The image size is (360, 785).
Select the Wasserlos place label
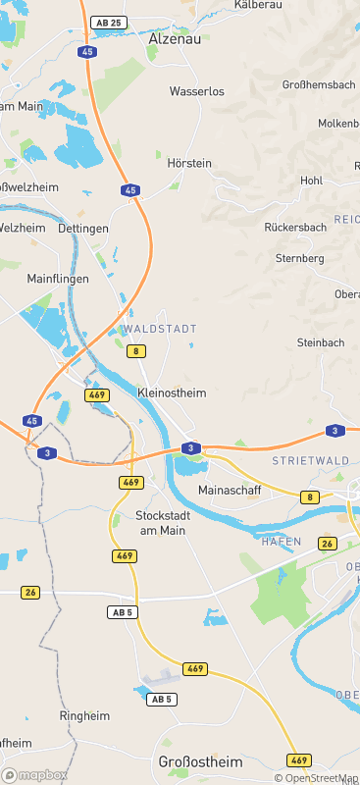pos(197,91)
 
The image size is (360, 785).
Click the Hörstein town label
pos(190,163)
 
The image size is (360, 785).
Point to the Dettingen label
pos(83,228)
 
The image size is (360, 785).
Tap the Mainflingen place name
pos(58,279)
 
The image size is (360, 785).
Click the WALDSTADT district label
pos(160,329)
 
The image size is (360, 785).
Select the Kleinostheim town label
pos(172,392)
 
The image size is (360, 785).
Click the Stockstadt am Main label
pos(162,522)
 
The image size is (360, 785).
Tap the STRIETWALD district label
pos(309,459)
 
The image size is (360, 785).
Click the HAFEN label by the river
pos(281,541)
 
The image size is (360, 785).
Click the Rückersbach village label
pos(295,227)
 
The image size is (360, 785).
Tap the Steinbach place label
pos(321,342)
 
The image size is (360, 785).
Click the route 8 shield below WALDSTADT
pos(136,350)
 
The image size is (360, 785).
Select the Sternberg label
pos(300,258)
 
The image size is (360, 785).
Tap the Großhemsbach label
pos(318,85)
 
